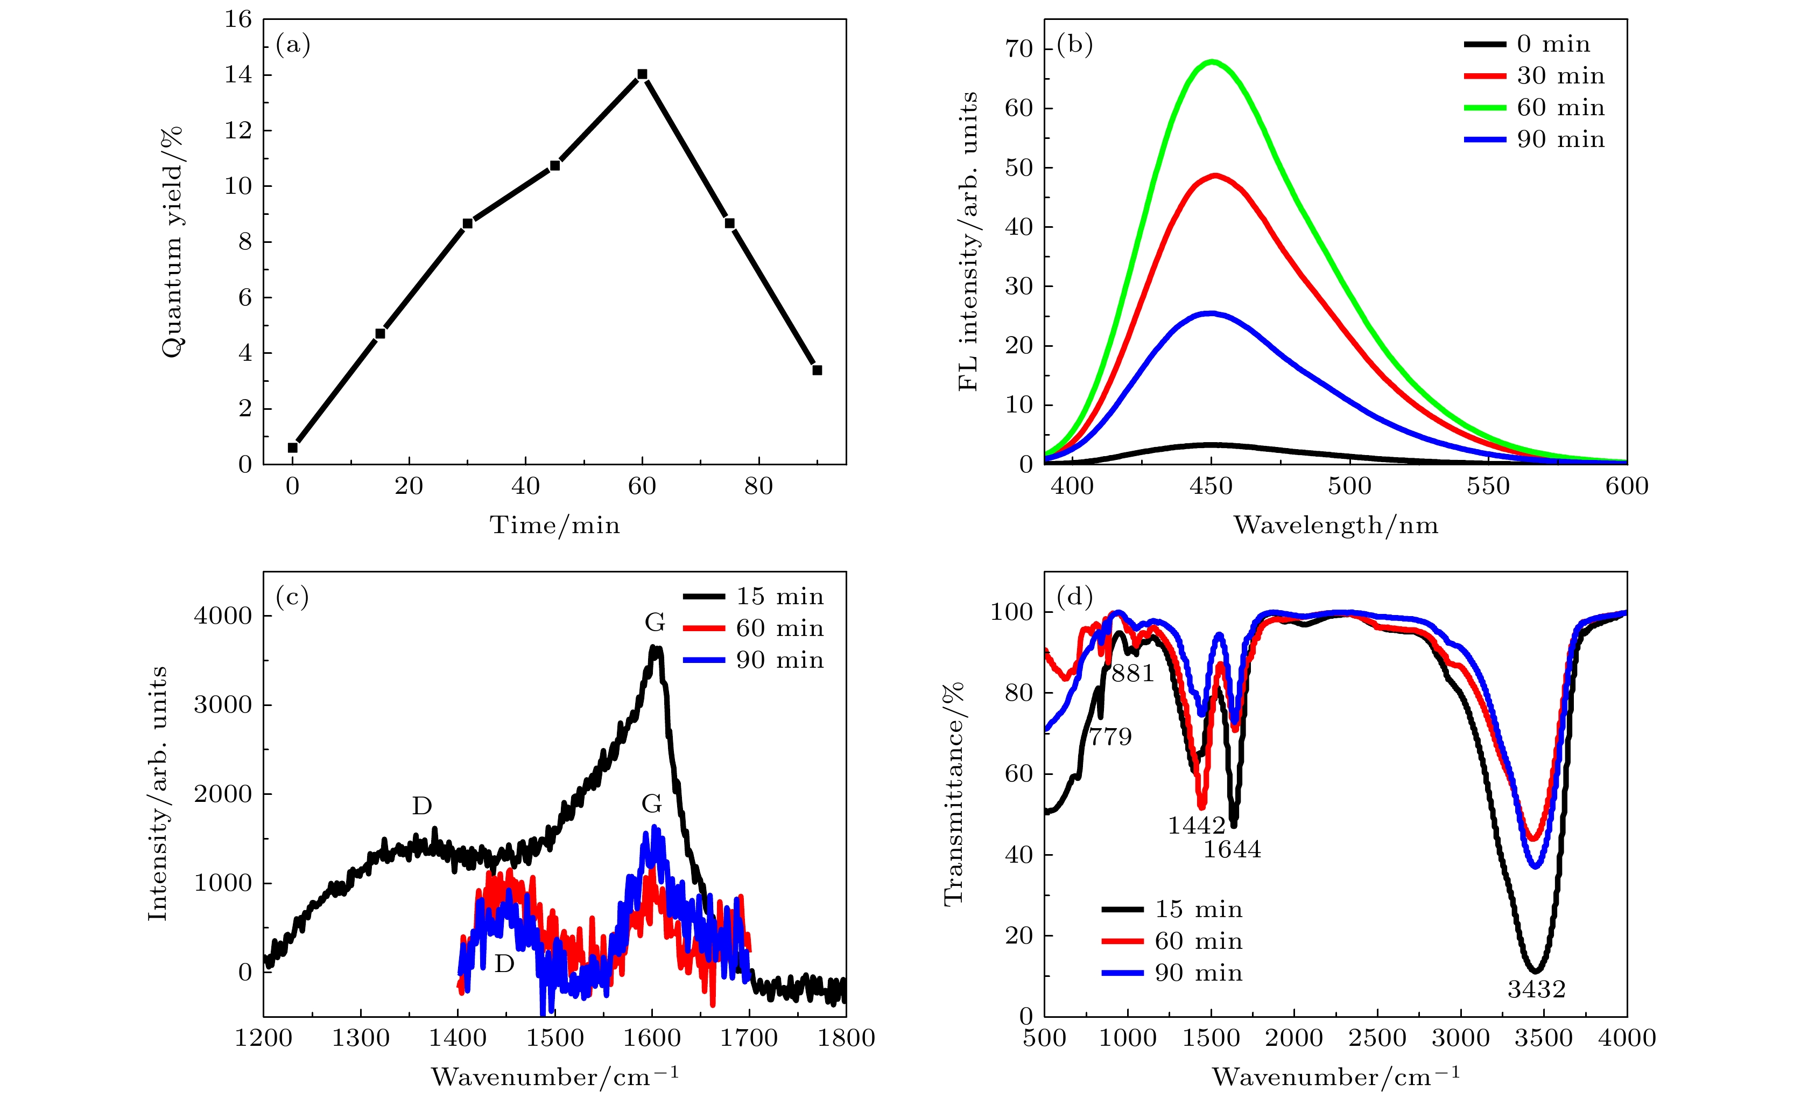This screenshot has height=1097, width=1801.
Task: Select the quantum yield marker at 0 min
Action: point(292,448)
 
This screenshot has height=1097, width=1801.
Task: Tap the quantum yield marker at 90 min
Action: point(817,370)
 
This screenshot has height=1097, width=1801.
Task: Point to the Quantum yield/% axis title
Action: point(172,242)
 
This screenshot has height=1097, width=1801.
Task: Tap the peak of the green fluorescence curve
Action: point(1212,61)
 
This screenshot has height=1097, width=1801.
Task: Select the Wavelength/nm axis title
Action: point(1335,525)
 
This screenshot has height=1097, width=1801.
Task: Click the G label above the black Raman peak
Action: point(655,623)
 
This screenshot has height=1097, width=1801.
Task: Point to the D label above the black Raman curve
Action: point(422,806)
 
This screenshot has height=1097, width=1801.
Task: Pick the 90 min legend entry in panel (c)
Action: point(753,660)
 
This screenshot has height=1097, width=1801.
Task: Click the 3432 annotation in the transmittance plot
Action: point(1536,989)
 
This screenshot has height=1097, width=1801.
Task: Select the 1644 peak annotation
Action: point(1233,850)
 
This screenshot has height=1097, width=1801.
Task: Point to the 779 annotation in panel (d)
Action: point(1110,737)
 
